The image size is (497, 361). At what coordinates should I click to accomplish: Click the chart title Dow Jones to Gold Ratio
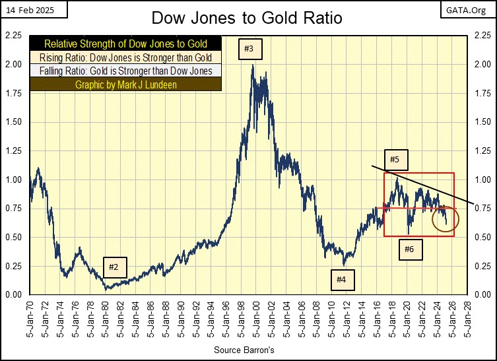pyautogui.click(x=248, y=17)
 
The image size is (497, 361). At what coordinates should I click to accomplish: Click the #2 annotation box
pyautogui.click(x=114, y=267)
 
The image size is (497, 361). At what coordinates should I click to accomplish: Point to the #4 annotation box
pyautogui.click(x=341, y=280)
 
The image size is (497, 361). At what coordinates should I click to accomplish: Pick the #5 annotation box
pyautogui.click(x=395, y=160)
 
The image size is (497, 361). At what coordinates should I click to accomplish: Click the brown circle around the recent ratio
pyautogui.click(x=443, y=219)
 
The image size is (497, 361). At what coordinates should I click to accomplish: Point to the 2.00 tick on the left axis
pyautogui.click(x=13, y=65)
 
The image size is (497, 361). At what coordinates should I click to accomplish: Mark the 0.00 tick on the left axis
pyautogui.click(x=13, y=294)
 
